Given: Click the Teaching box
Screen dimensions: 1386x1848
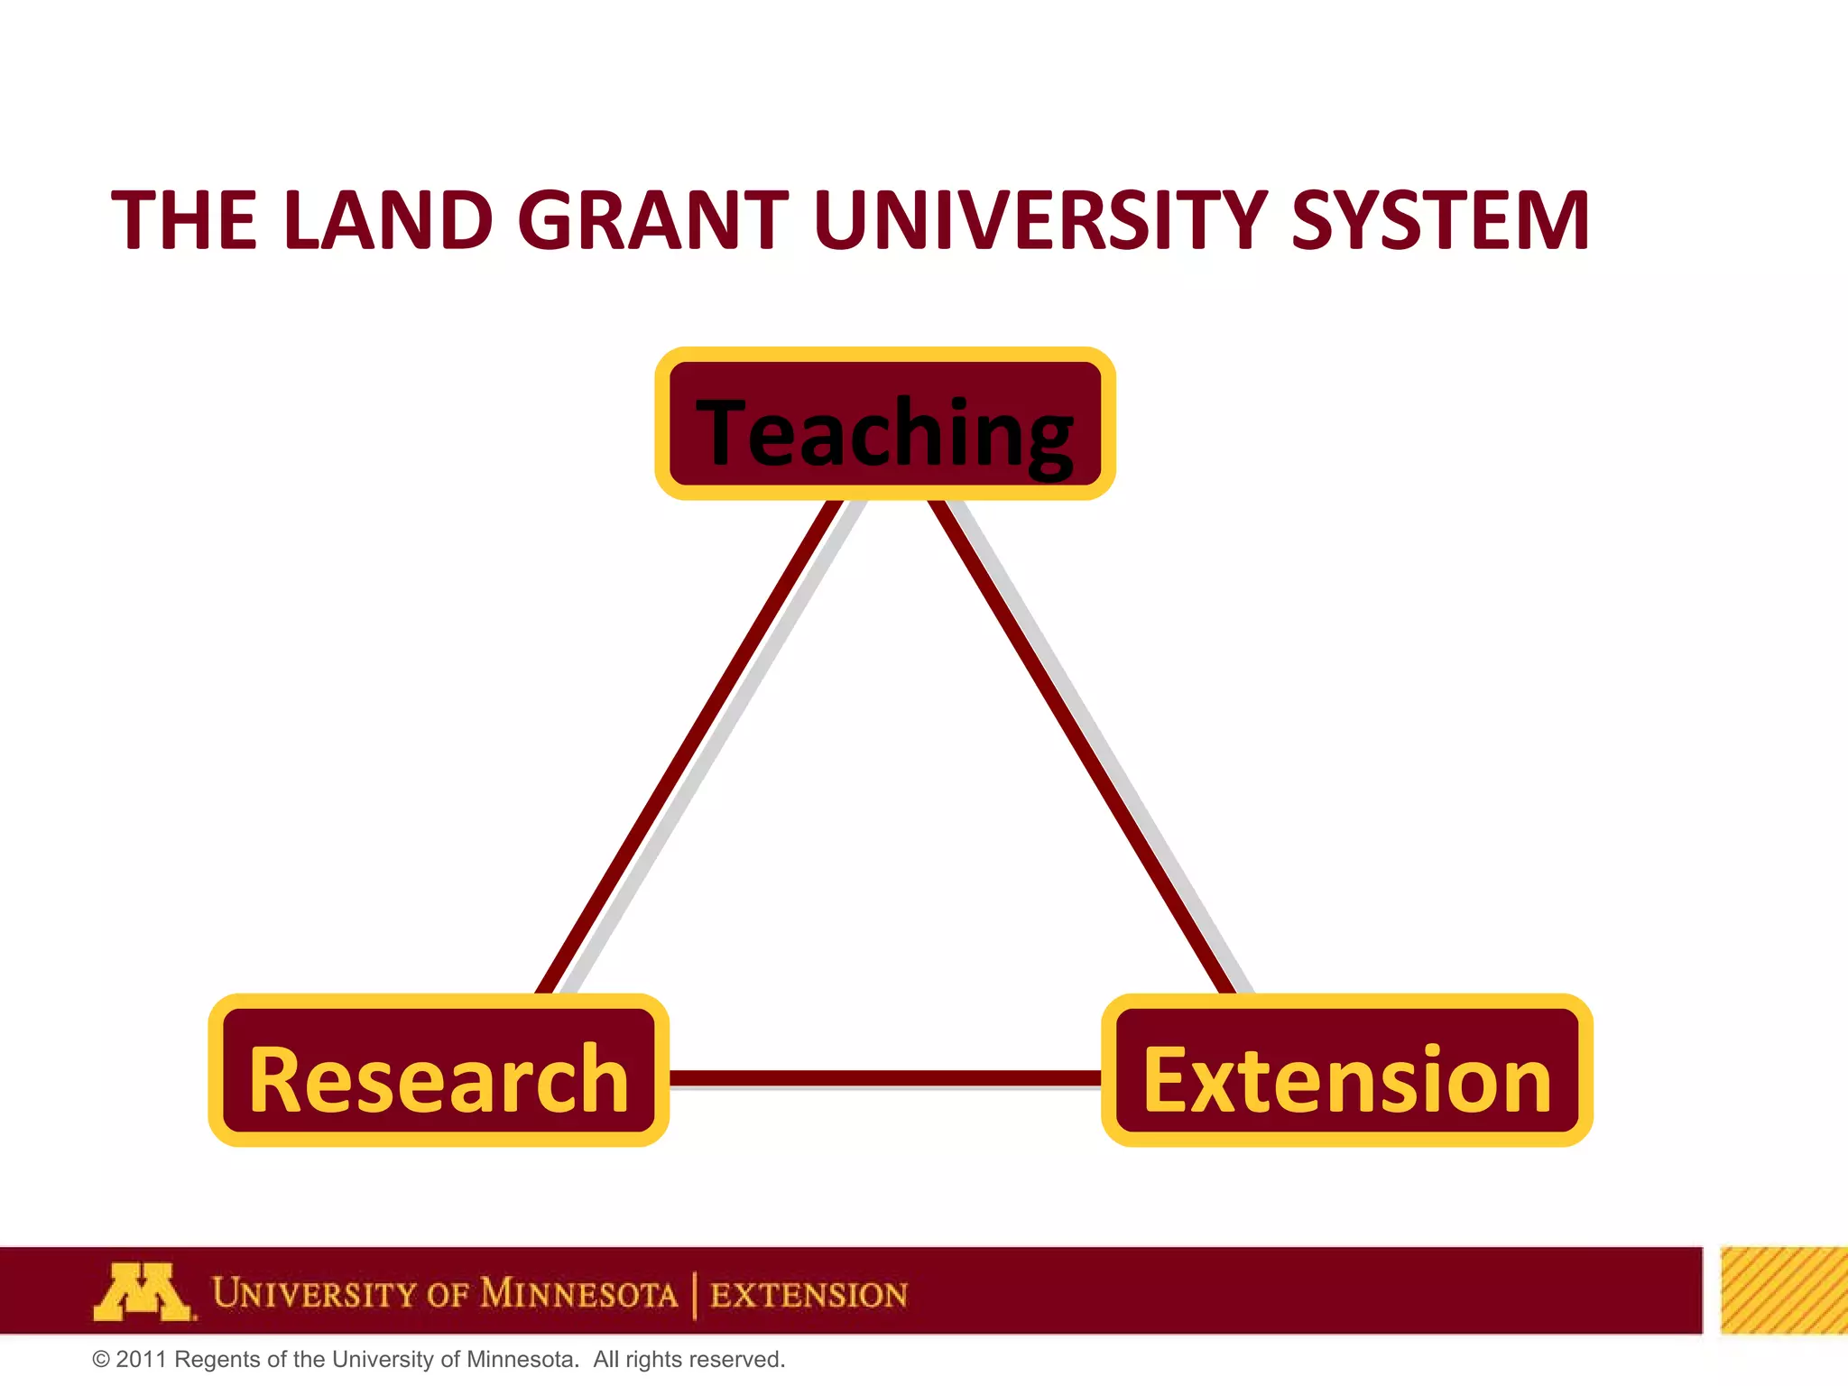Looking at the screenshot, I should [x=885, y=424].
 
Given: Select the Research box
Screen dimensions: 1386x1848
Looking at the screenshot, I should [x=439, y=1071].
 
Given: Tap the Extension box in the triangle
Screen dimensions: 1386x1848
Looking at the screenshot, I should [x=1346, y=1071].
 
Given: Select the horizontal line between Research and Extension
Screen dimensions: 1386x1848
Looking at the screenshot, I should [x=884, y=1078].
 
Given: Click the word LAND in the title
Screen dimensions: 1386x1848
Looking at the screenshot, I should [x=388, y=220].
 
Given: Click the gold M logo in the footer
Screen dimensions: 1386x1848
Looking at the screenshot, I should [x=143, y=1292].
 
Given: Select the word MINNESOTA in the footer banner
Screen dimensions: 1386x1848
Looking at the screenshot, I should [x=578, y=1294].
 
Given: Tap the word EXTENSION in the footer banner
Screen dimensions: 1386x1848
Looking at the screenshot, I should [x=808, y=1295].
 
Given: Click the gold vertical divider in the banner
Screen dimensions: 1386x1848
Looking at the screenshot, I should [x=695, y=1295].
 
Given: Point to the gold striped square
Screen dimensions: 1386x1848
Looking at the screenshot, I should [x=1783, y=1290].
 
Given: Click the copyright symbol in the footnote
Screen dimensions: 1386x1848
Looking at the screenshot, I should [x=101, y=1360].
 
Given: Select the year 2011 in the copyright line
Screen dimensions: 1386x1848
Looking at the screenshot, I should [x=142, y=1360].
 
